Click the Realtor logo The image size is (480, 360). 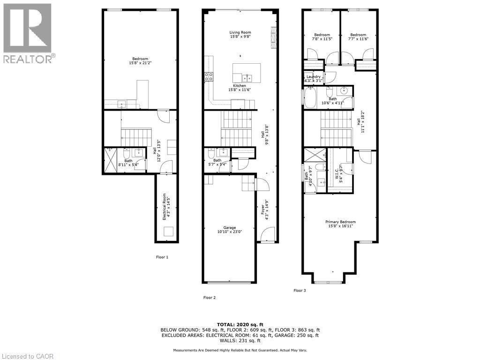tap(28, 33)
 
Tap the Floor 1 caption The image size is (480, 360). tap(162, 257)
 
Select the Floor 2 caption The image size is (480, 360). tap(209, 297)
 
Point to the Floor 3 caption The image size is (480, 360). tap(300, 291)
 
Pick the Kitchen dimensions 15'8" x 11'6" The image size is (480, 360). tap(240, 90)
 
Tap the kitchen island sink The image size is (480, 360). tap(247, 77)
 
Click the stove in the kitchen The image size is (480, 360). tap(209, 77)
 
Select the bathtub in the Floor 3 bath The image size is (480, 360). tap(310, 99)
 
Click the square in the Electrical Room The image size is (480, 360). tap(168, 232)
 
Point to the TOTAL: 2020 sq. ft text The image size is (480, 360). tap(240, 324)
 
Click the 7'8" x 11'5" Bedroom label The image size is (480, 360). tap(322, 37)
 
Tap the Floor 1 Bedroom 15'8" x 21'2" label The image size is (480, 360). tap(140, 61)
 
